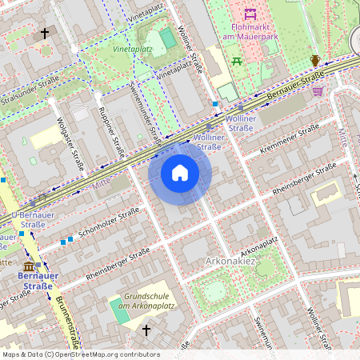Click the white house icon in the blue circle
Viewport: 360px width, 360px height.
180,173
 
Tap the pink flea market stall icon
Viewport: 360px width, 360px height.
250,14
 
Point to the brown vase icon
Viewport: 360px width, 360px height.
315,61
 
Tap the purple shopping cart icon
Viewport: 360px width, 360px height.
318,91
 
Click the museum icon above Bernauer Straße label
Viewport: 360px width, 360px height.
30,266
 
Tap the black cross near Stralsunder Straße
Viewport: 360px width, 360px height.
45,34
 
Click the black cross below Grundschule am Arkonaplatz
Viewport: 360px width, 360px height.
146,329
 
